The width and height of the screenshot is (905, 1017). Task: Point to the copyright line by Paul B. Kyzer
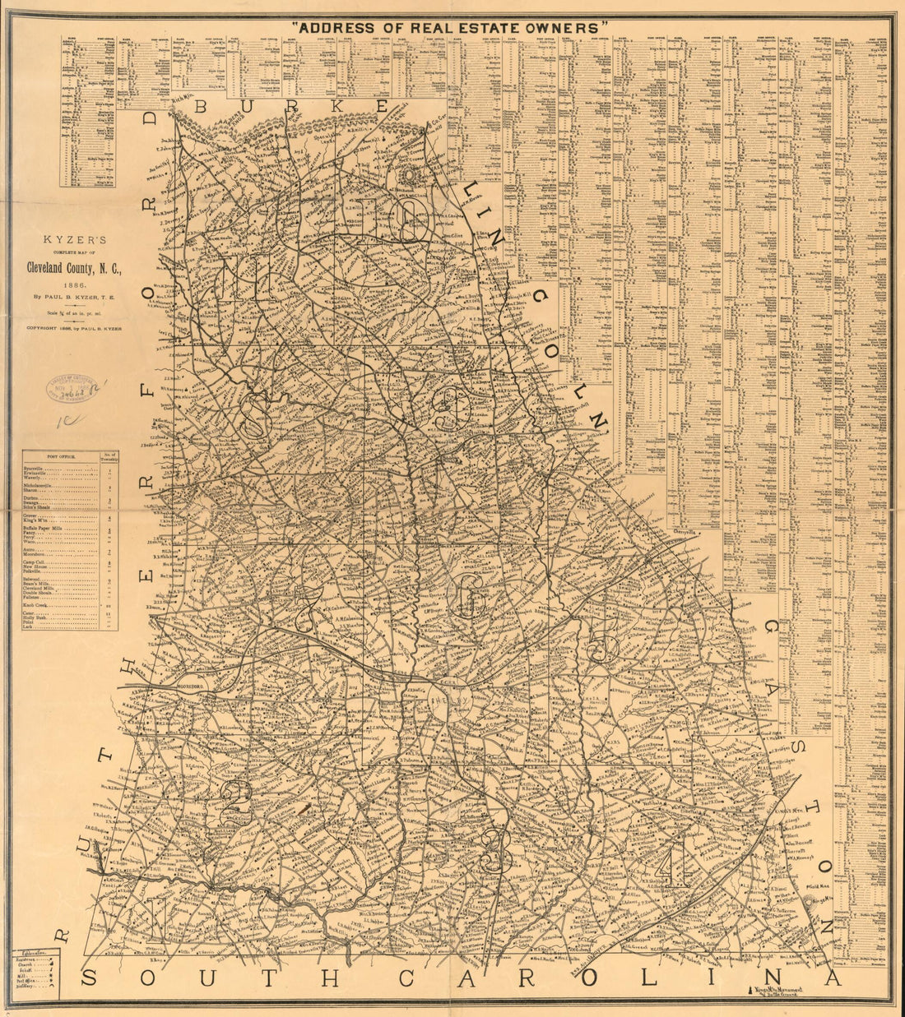(x=74, y=328)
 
